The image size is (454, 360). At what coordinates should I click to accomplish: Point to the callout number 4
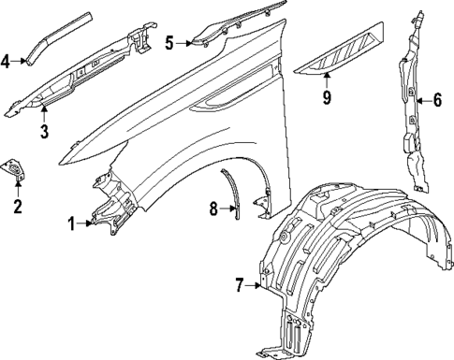point(6,61)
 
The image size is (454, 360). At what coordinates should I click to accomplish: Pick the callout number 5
point(169,42)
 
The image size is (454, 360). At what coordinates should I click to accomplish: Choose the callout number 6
point(437,98)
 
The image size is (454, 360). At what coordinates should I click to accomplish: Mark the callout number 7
point(240,285)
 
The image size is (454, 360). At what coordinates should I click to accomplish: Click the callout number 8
point(212,209)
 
